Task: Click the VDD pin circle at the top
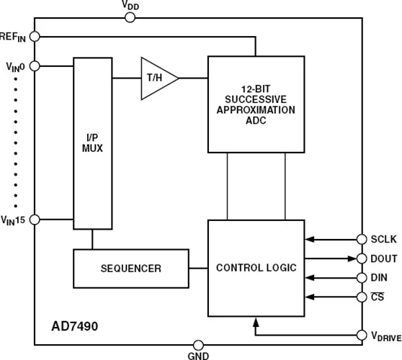pos(130,17)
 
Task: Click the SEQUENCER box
pos(130,269)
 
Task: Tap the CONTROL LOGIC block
pos(256,268)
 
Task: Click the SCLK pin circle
pos(361,239)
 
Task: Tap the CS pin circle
pos(361,296)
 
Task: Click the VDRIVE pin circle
pos(361,335)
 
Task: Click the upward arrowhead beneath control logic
pos(255,323)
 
